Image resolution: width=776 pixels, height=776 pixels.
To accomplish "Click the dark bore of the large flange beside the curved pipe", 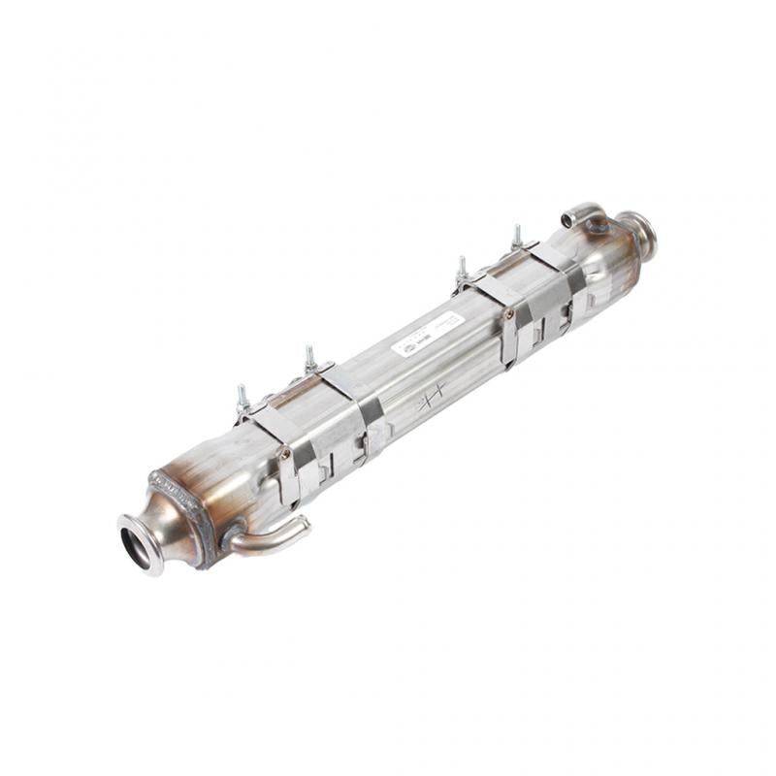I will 136,544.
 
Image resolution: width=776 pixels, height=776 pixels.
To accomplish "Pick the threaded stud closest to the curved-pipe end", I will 242,397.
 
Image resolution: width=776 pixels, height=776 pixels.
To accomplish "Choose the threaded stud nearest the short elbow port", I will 517,236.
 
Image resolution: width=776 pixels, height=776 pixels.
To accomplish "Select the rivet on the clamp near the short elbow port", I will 507,314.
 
